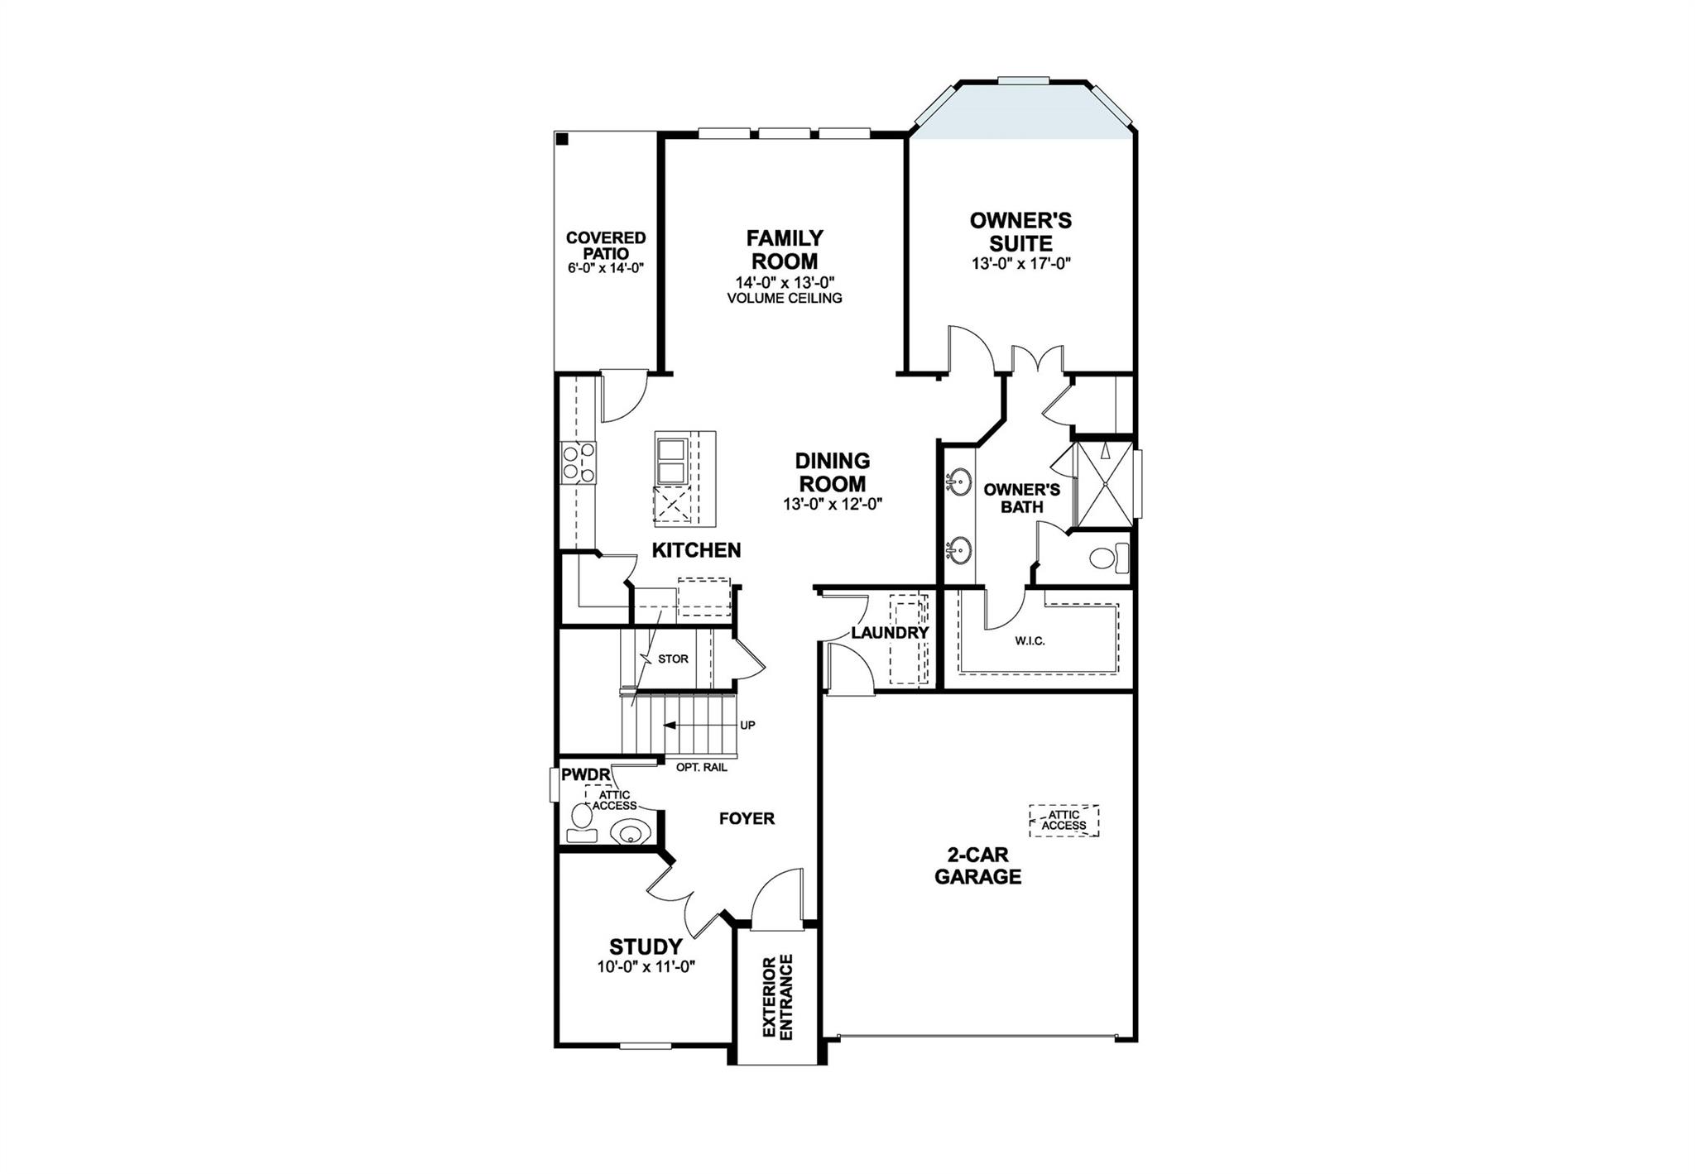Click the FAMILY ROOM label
coord(785,250)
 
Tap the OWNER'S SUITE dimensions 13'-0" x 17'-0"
coord(1021,264)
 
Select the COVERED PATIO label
coord(606,245)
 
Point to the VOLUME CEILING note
coord(785,298)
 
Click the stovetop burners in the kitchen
coord(578,462)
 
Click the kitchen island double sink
coord(670,462)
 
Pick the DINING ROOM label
coord(832,472)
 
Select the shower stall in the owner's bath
coord(1102,484)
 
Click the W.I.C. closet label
coord(1030,641)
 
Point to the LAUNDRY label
coord(890,633)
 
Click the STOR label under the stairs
coord(673,659)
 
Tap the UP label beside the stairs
coord(747,726)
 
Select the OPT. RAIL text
coord(702,767)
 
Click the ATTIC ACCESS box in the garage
coord(1064,820)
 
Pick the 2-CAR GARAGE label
coord(977,866)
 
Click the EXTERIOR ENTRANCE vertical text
coord(777,997)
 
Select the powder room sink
coord(627,831)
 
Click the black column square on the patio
coord(562,139)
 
